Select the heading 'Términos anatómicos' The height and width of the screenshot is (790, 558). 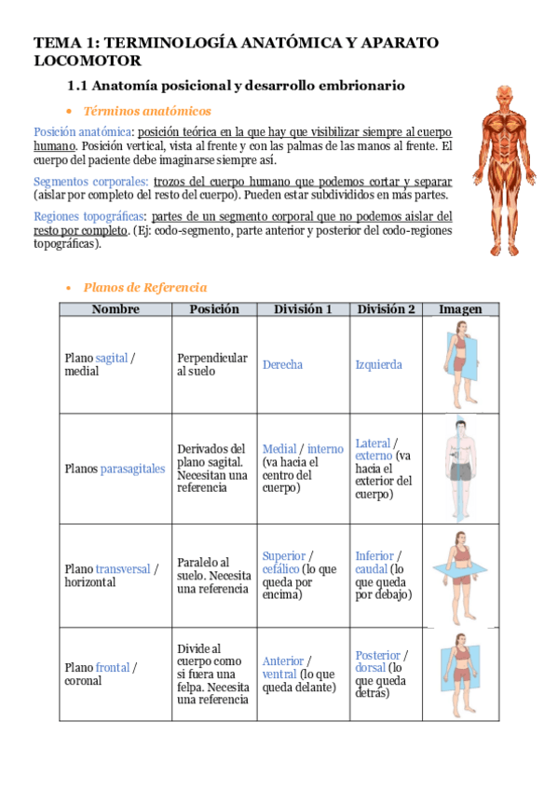pos(146,111)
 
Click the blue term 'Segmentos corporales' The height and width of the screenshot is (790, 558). pos(90,182)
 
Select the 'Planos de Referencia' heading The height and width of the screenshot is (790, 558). pos(145,288)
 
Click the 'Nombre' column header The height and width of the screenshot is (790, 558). pos(116,309)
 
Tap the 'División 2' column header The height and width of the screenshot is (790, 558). pos(386,309)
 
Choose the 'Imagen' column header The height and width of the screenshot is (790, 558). pos(460,309)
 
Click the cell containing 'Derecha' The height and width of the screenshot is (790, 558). pos(282,364)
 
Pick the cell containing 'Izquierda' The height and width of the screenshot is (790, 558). pos(379,364)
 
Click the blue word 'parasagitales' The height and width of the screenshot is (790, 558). pos(132,469)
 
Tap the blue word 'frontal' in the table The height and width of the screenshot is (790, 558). pos(112,667)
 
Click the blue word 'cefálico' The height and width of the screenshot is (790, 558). pos(281,569)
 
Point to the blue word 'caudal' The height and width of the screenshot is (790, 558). pos(371,569)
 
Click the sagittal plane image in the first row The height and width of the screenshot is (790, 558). pos(460,364)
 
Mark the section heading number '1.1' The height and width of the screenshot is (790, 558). pos(77,86)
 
